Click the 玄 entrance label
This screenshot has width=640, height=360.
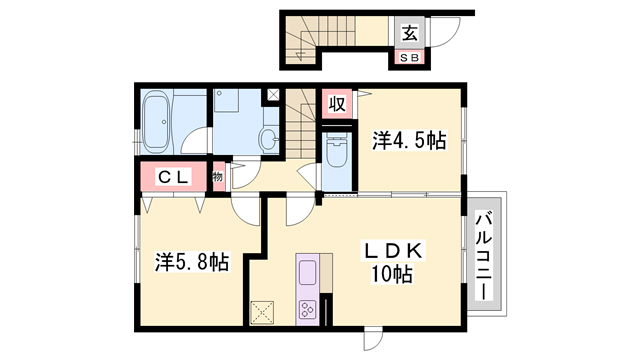coord(410,32)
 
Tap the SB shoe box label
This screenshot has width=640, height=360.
coord(410,57)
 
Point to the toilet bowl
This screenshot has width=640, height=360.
coord(336,153)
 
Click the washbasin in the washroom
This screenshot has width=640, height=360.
coord(268,139)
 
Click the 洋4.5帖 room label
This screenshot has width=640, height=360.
coord(410,141)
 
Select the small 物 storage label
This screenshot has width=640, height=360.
coord(217,178)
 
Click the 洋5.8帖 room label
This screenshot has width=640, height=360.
coord(192,263)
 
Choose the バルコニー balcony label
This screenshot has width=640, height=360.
coord(485,254)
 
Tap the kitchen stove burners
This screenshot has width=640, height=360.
coord(308,308)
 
